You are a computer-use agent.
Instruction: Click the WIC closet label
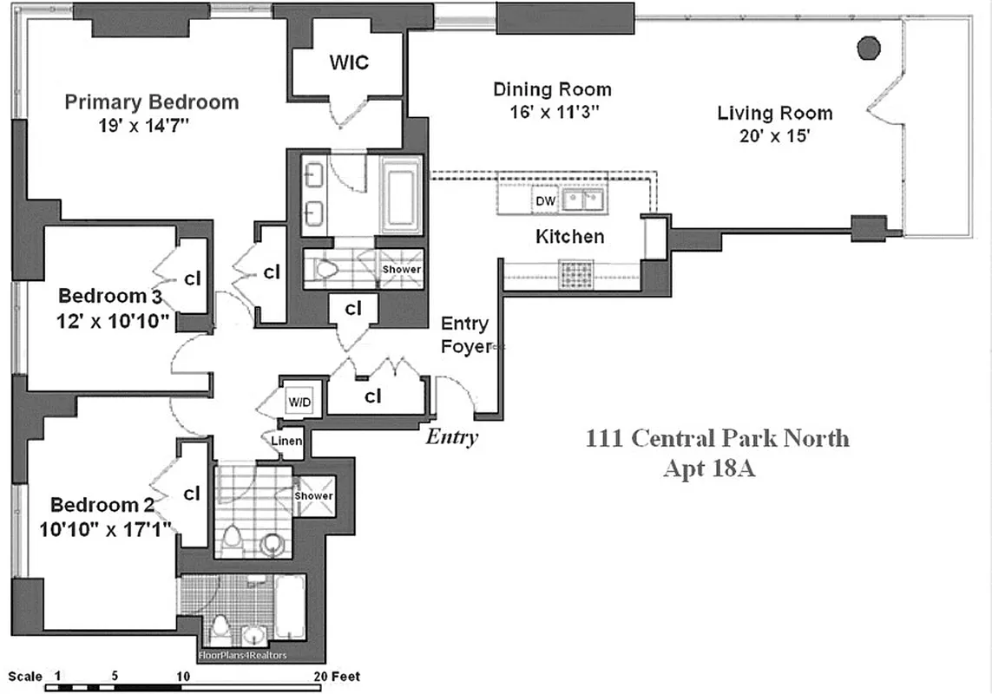click(349, 62)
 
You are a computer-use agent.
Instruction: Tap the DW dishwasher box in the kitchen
click(545, 201)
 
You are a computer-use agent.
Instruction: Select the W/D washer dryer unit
click(299, 403)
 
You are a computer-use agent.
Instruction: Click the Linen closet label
click(286, 442)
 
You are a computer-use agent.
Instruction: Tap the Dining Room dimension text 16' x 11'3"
click(552, 112)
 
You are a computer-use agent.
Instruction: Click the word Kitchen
click(569, 236)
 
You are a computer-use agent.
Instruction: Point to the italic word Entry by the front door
click(451, 436)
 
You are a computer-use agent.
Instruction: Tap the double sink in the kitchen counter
click(583, 201)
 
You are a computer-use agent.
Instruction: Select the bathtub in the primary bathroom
click(401, 195)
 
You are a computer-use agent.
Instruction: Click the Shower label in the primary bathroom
click(402, 269)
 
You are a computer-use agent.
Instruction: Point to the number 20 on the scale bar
click(320, 676)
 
